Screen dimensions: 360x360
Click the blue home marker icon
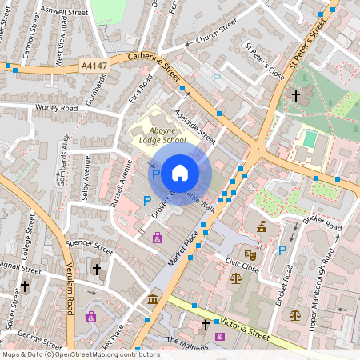[180, 172]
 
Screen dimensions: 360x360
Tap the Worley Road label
[55, 107]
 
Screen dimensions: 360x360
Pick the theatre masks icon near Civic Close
[250, 254]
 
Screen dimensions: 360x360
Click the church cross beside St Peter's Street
[296, 95]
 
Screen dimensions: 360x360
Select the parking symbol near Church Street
[217, 78]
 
